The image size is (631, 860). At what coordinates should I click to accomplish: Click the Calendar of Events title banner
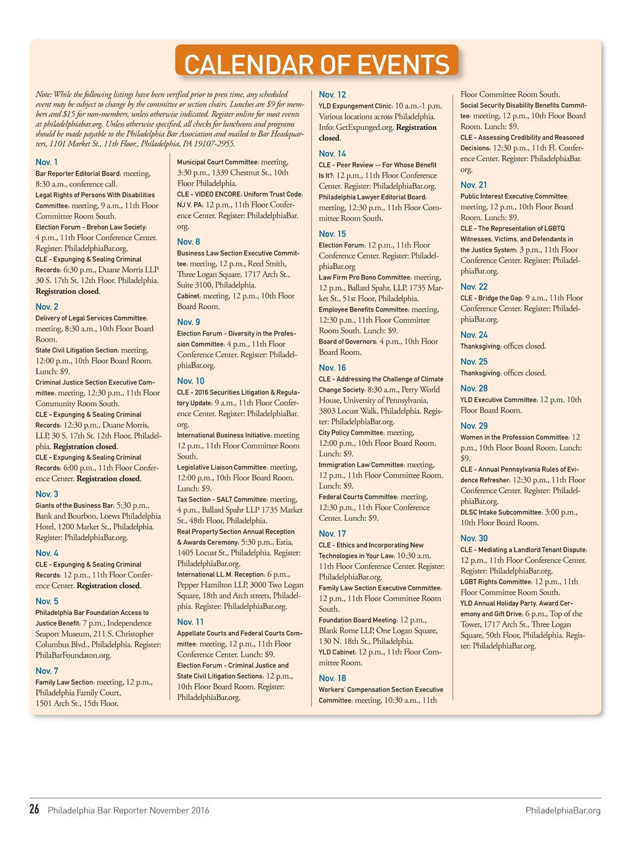pyautogui.click(x=317, y=63)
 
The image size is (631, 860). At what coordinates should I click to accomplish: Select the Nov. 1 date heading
pyautogui.click(x=47, y=162)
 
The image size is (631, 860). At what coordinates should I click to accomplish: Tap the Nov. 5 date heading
pyautogui.click(x=47, y=601)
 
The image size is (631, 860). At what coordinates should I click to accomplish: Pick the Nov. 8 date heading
pyautogui.click(x=189, y=241)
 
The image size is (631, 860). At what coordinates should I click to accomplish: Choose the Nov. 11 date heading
pyautogui.click(x=190, y=622)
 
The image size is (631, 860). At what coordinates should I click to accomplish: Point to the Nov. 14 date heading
pyautogui.click(x=332, y=153)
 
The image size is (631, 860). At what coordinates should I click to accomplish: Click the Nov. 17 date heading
pyautogui.click(x=332, y=534)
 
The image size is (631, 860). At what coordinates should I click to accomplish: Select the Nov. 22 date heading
pyautogui.click(x=474, y=286)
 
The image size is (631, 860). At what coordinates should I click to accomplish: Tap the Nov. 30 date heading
pyautogui.click(x=474, y=538)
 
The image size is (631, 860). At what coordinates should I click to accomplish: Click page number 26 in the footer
pyautogui.click(x=35, y=809)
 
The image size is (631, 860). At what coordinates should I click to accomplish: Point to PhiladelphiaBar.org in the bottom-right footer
pyautogui.click(x=563, y=810)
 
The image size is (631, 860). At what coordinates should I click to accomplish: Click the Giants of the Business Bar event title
pyautogui.click(x=75, y=505)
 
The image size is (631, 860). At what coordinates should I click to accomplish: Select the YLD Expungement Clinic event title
pyautogui.click(x=356, y=106)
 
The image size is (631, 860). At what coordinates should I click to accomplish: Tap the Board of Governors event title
pyautogui.click(x=348, y=342)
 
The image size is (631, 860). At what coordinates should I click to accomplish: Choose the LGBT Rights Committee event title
pyautogui.click(x=496, y=582)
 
